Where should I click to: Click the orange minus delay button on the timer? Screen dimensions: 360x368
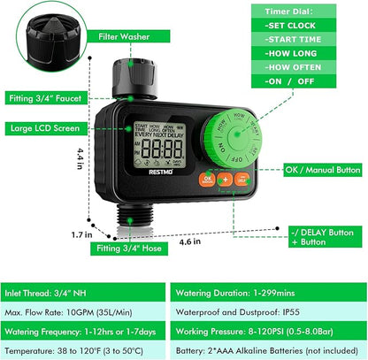coord(241,179)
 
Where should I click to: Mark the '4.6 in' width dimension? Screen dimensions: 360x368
coord(203,240)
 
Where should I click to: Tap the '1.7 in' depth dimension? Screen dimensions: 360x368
coord(82,234)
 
